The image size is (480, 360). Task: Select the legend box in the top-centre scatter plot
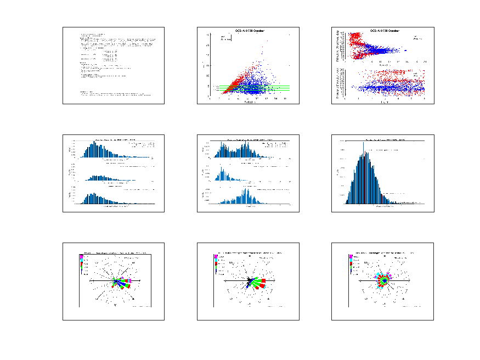(225, 38)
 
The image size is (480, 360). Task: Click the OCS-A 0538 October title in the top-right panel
(382, 31)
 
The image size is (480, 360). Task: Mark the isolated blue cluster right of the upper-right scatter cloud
(405, 50)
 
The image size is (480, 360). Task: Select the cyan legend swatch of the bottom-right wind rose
(351, 260)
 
